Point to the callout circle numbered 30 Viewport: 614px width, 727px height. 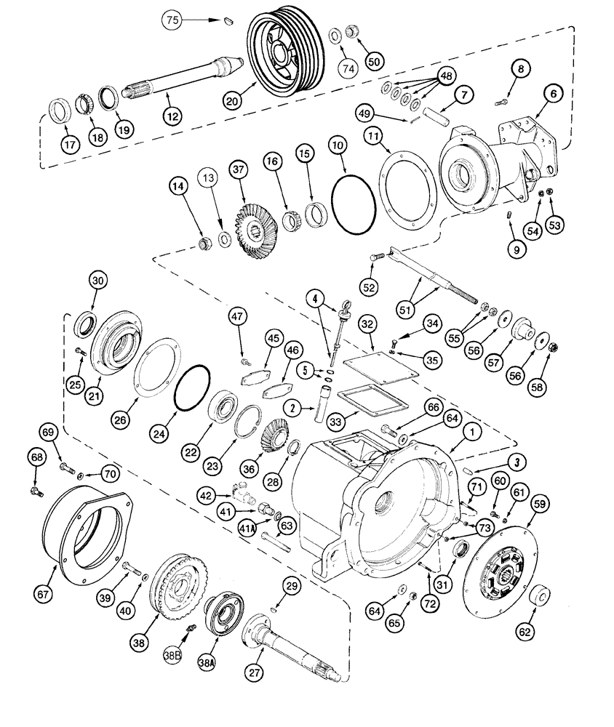pyautogui.click(x=98, y=280)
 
